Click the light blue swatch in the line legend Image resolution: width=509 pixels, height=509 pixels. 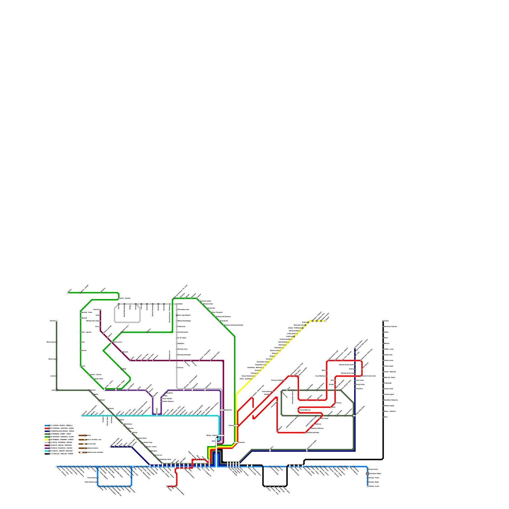point(46,425)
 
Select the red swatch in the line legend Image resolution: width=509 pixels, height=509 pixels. point(46,428)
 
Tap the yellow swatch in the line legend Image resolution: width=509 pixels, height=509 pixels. point(46,440)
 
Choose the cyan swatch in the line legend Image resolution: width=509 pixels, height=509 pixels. point(46,451)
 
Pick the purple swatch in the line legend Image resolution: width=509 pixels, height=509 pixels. point(46,448)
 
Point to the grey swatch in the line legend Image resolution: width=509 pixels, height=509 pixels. point(46,442)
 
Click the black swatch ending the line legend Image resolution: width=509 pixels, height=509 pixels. point(46,454)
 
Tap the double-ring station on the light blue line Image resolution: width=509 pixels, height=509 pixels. point(367,474)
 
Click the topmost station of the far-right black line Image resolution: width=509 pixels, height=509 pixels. point(383,321)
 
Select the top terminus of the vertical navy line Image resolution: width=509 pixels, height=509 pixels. point(355,348)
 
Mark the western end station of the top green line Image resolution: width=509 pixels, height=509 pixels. point(68,293)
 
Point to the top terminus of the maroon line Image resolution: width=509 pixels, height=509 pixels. point(100,310)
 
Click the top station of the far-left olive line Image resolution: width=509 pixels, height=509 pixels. point(57,321)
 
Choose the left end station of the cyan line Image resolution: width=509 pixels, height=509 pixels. point(82,415)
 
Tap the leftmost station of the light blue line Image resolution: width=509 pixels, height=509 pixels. point(57,467)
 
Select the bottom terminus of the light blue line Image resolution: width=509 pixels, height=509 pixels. point(367,486)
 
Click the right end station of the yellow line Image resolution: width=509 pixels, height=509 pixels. point(325,321)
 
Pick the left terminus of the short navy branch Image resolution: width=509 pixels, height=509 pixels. point(110,447)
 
